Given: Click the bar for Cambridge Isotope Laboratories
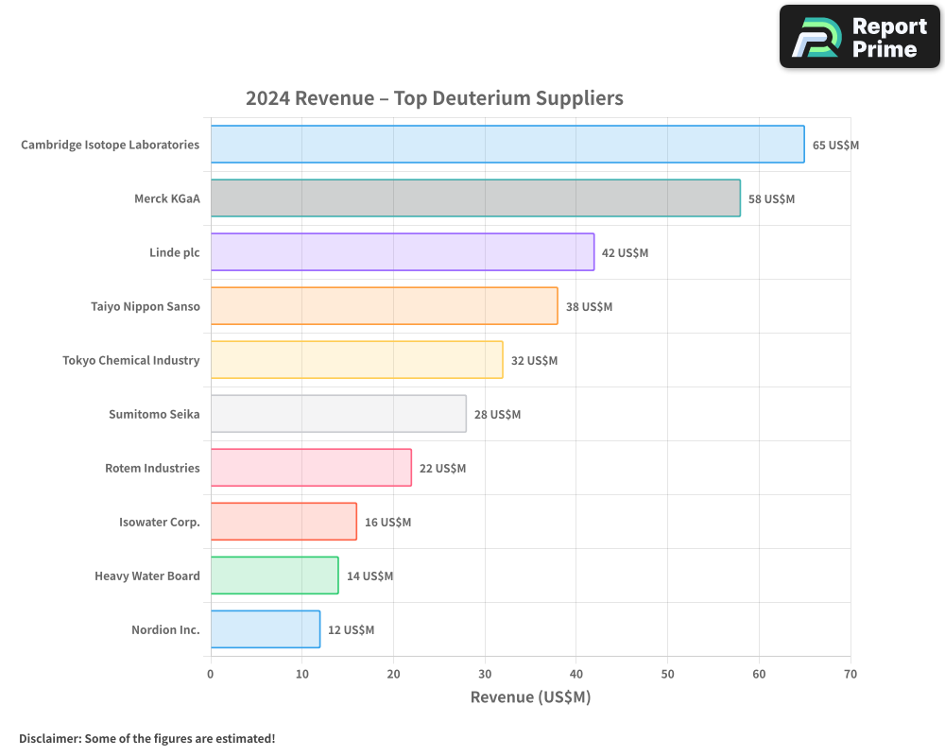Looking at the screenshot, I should [507, 145].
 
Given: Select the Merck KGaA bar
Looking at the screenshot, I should [475, 198].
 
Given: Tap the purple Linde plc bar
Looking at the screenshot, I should [403, 252].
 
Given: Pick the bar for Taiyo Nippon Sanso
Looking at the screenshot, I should [384, 306].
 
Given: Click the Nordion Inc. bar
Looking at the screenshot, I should [266, 629].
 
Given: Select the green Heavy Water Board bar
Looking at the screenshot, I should [274, 576].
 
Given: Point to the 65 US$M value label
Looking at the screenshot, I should [835, 146].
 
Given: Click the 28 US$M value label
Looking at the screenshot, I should [497, 415].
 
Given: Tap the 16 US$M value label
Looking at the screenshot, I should [387, 523].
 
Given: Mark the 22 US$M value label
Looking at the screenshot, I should [442, 469].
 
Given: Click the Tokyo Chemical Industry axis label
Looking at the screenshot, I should [131, 360].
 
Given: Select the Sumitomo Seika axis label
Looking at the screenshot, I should [154, 414].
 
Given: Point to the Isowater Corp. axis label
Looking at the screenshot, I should [160, 522].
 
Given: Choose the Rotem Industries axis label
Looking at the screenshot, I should [152, 468].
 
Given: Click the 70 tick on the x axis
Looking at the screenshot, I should [850, 674].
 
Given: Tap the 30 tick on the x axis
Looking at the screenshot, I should [485, 674].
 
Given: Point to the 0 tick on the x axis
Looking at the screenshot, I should [211, 674].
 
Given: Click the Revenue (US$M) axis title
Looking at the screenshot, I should [530, 697].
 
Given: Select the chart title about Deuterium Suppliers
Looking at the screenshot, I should [435, 98].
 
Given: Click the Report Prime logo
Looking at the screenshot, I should [860, 37].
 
